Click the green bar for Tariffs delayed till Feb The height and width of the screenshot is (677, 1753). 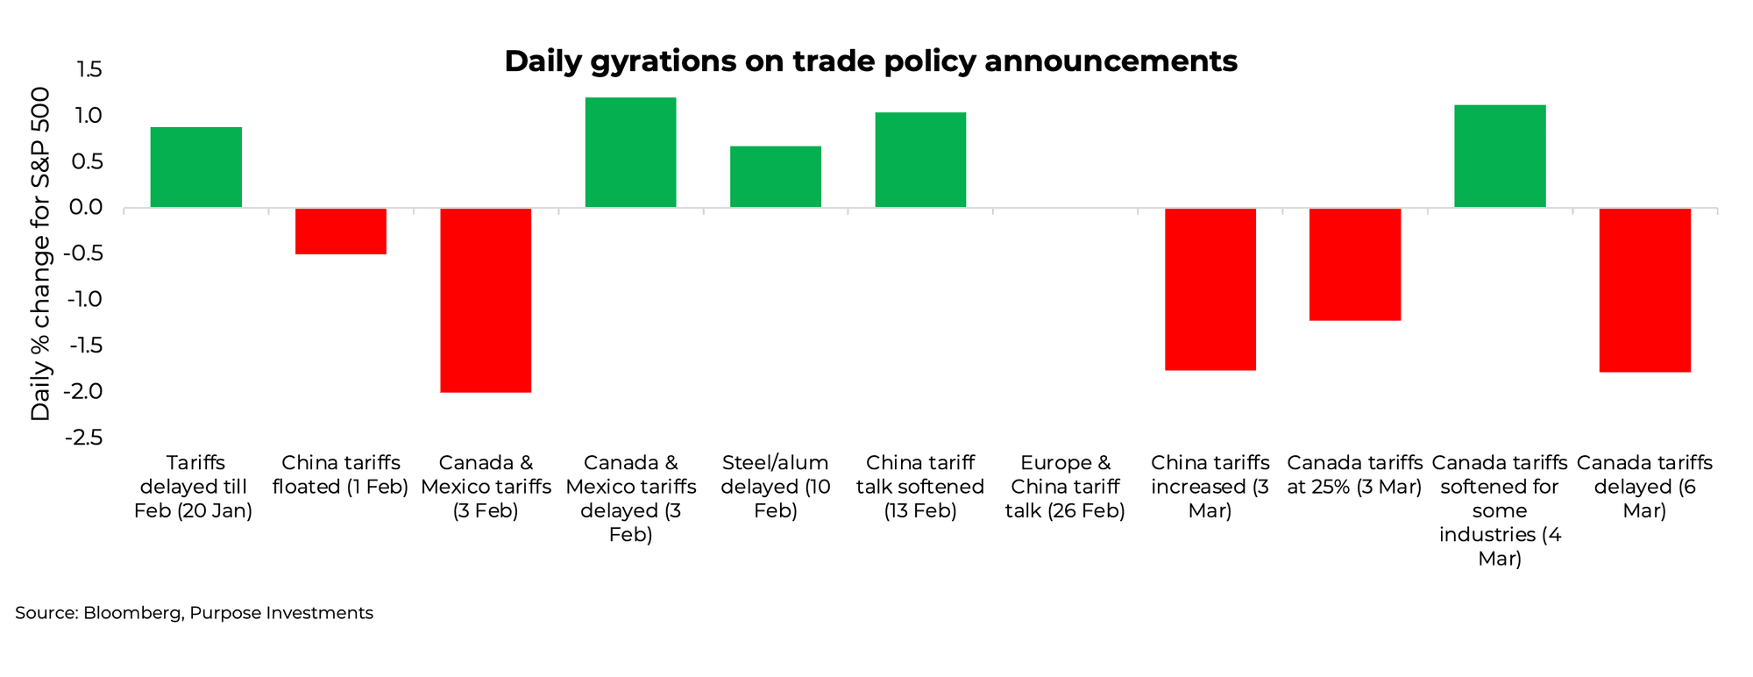[195, 167]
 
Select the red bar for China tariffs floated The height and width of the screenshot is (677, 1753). [341, 232]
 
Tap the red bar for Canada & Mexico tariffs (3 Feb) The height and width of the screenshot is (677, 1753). [486, 300]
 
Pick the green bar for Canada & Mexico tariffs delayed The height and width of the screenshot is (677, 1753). [630, 153]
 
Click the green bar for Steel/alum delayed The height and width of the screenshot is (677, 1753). [776, 177]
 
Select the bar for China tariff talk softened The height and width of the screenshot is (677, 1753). [920, 160]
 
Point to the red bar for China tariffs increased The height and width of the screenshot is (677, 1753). [1210, 289]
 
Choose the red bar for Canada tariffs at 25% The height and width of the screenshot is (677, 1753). [1355, 264]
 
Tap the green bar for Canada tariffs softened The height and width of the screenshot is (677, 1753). [1500, 156]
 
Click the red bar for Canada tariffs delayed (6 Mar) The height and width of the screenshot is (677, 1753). [1644, 290]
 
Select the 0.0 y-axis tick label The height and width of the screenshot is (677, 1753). [86, 208]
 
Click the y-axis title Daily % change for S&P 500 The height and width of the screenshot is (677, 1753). [40, 254]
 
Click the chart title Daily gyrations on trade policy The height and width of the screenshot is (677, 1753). [870, 61]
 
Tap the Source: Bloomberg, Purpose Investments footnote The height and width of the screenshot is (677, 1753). [194, 613]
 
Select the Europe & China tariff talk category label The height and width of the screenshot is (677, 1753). [1065, 487]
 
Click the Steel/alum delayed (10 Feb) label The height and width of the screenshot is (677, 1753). [776, 487]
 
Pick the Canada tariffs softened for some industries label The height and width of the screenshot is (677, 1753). [1500, 510]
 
